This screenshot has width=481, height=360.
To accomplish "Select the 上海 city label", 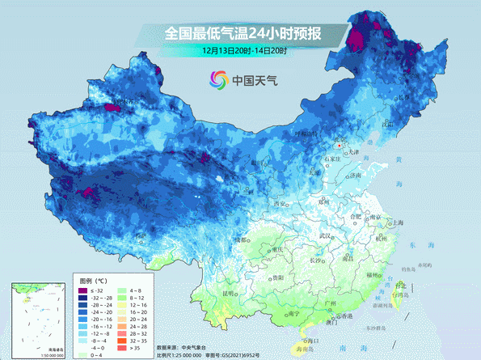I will click(397, 222).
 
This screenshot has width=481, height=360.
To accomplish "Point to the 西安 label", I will click(281, 203).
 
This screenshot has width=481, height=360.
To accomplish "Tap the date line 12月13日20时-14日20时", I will click(246, 50).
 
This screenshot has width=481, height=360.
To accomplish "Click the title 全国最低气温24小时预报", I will click(243, 33).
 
